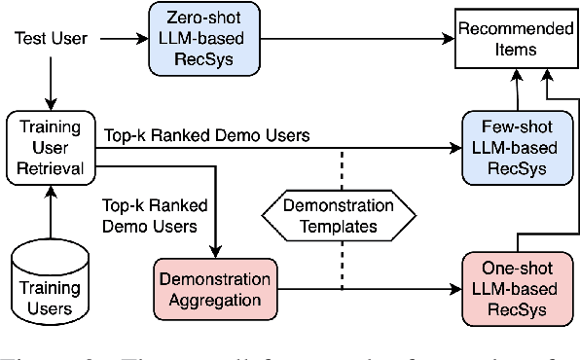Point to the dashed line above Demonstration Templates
(x=343, y=169)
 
